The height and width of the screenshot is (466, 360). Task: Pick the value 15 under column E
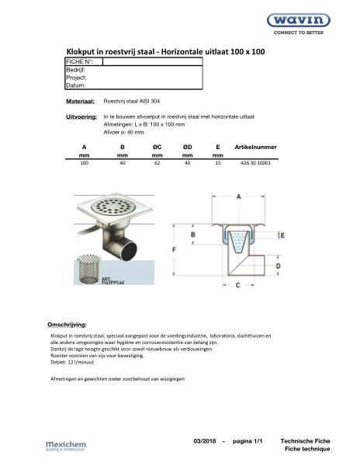217,164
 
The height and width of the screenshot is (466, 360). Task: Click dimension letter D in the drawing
278,266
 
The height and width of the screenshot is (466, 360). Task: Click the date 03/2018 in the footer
206,440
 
